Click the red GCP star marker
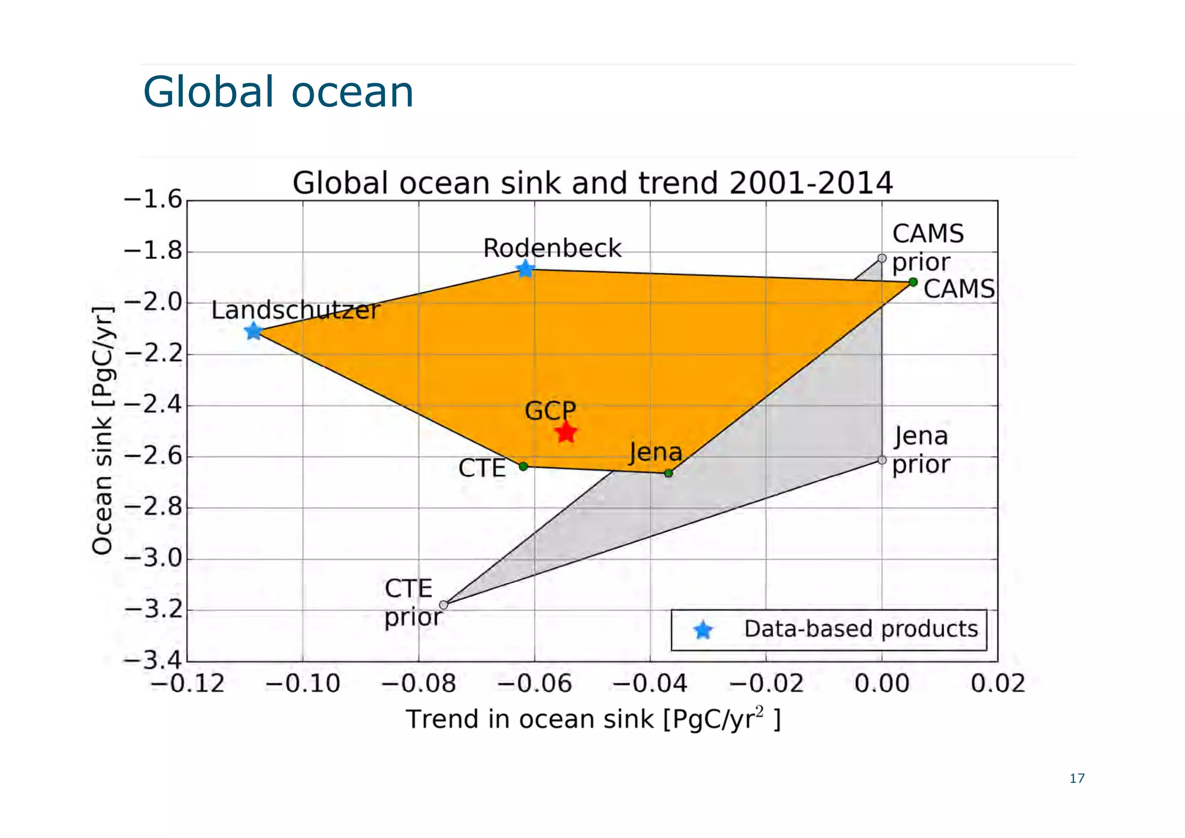click(566, 432)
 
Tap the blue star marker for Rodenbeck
click(525, 269)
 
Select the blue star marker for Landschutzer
click(253, 332)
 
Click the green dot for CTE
click(523, 466)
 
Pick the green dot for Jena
click(668, 473)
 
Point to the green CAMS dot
click(912, 282)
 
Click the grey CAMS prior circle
click(882, 258)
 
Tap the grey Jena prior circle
click(882, 460)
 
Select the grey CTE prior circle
click(444, 605)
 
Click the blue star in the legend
click(703, 630)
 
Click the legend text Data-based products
click(860, 629)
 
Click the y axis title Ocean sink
click(103, 431)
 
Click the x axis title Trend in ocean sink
click(592, 719)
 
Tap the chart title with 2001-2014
click(592, 183)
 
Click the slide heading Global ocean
click(278, 92)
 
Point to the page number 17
click(1077, 778)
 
